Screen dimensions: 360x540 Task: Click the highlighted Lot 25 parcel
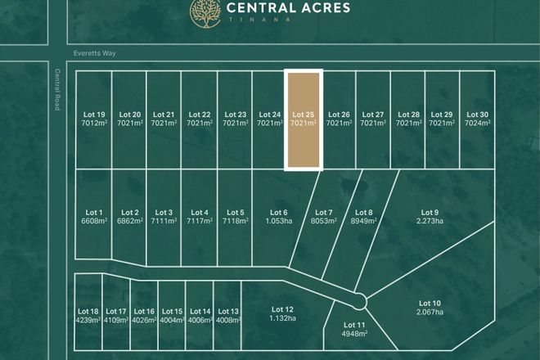(304, 119)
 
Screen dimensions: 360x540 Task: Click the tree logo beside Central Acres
(204, 11)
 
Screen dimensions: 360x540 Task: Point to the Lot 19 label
(95, 115)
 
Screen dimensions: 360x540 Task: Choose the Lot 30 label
(477, 115)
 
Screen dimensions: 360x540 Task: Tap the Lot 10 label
(430, 304)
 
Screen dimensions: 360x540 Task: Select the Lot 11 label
(356, 326)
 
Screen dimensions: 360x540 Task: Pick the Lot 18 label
(88, 312)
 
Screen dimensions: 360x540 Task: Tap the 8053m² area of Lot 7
(324, 221)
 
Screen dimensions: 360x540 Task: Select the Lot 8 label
(365, 213)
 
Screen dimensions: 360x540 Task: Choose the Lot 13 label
(228, 312)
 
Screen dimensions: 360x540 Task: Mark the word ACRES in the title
(324, 8)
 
